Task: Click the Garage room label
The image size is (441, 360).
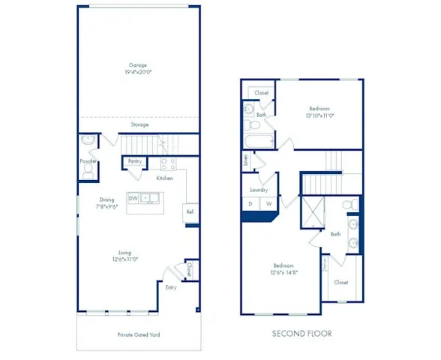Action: (x=139, y=68)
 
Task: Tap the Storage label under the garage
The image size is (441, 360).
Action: (x=139, y=125)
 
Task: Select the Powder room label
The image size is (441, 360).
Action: (x=87, y=160)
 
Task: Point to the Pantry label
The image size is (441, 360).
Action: (x=135, y=161)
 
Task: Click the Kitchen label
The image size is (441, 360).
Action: (x=165, y=178)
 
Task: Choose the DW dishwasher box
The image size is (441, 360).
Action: (x=133, y=198)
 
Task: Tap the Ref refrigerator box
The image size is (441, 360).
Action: (x=190, y=213)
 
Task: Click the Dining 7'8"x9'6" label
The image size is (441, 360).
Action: (x=106, y=202)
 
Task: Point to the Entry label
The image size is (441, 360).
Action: (x=171, y=287)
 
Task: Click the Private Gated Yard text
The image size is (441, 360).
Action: (x=139, y=334)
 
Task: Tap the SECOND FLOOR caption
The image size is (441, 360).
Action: (x=301, y=333)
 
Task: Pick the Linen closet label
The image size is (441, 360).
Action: (x=246, y=160)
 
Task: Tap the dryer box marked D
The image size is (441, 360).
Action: (x=250, y=203)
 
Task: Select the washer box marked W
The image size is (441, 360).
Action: (x=267, y=203)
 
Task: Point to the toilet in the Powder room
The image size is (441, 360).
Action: (x=87, y=172)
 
